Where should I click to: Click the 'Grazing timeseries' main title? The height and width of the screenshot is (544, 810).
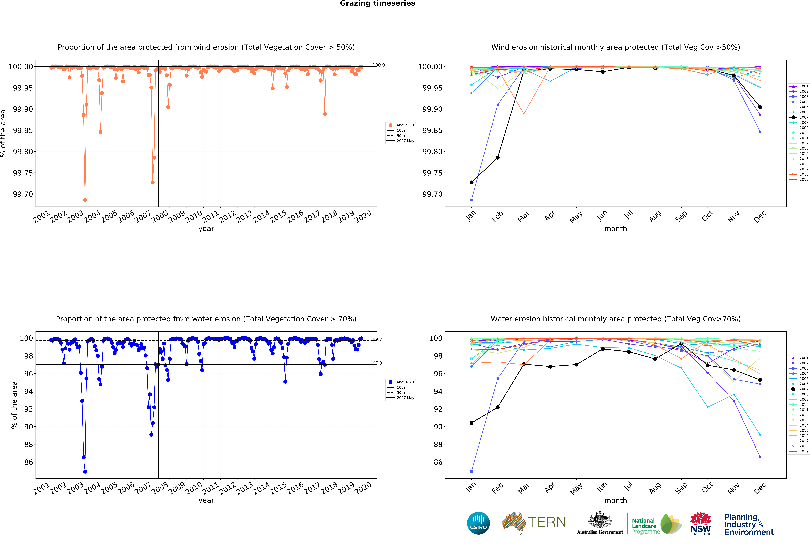377,3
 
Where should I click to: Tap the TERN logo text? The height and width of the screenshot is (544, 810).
547,522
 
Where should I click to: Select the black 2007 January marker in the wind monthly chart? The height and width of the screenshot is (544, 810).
471,183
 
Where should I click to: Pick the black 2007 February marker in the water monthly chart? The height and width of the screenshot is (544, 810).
498,407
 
